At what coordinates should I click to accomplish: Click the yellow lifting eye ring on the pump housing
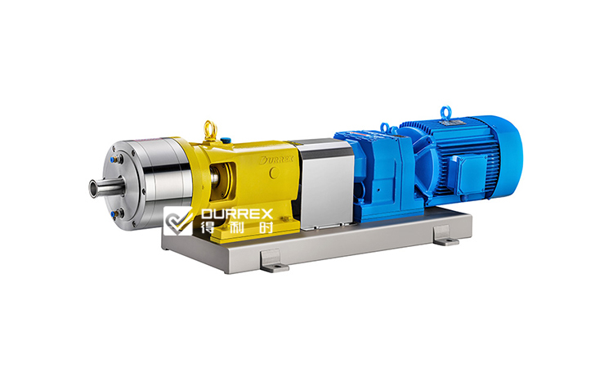[210, 128]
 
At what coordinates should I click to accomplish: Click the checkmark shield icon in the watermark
[179, 222]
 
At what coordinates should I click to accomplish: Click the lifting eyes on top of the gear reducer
[383, 128]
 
